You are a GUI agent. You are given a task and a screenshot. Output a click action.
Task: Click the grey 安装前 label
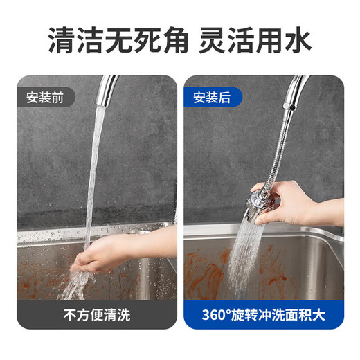tap(46, 97)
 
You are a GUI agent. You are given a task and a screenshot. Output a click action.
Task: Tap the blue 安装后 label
tap(212, 97)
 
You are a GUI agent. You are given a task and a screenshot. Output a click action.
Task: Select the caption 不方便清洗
tap(97, 314)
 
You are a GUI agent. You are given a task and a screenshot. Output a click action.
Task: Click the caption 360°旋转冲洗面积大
tap(263, 314)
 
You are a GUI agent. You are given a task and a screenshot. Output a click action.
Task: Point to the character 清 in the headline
tap(62, 42)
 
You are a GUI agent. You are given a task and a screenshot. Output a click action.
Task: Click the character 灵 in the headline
tap(212, 42)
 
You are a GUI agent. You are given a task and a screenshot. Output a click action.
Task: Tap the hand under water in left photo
tap(104, 253)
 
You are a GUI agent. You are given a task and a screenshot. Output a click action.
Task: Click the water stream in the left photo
tap(94, 173)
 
